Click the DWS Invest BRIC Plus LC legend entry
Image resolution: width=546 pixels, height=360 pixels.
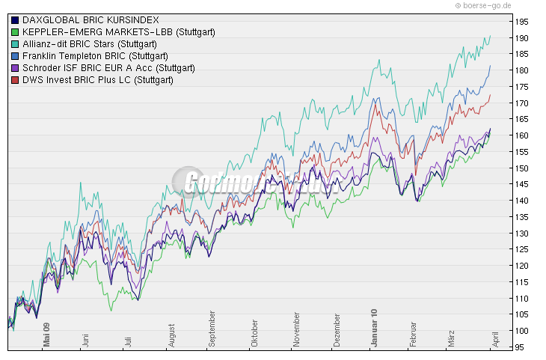98,80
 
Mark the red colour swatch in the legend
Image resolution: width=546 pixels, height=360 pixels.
15,80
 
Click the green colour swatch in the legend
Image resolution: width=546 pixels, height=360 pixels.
15,31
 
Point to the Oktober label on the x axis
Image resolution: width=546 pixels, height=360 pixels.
254,338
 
